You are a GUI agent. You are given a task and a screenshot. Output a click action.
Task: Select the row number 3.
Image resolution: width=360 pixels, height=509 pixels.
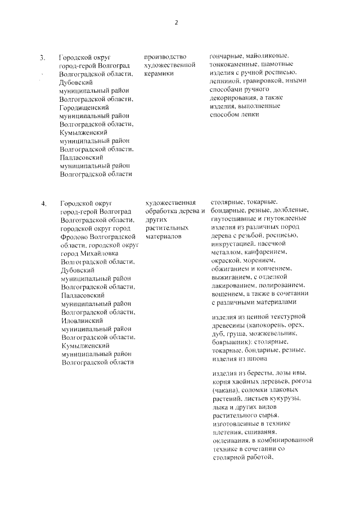[42, 57]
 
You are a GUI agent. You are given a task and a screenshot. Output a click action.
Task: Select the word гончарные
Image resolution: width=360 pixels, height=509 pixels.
[227, 57]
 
